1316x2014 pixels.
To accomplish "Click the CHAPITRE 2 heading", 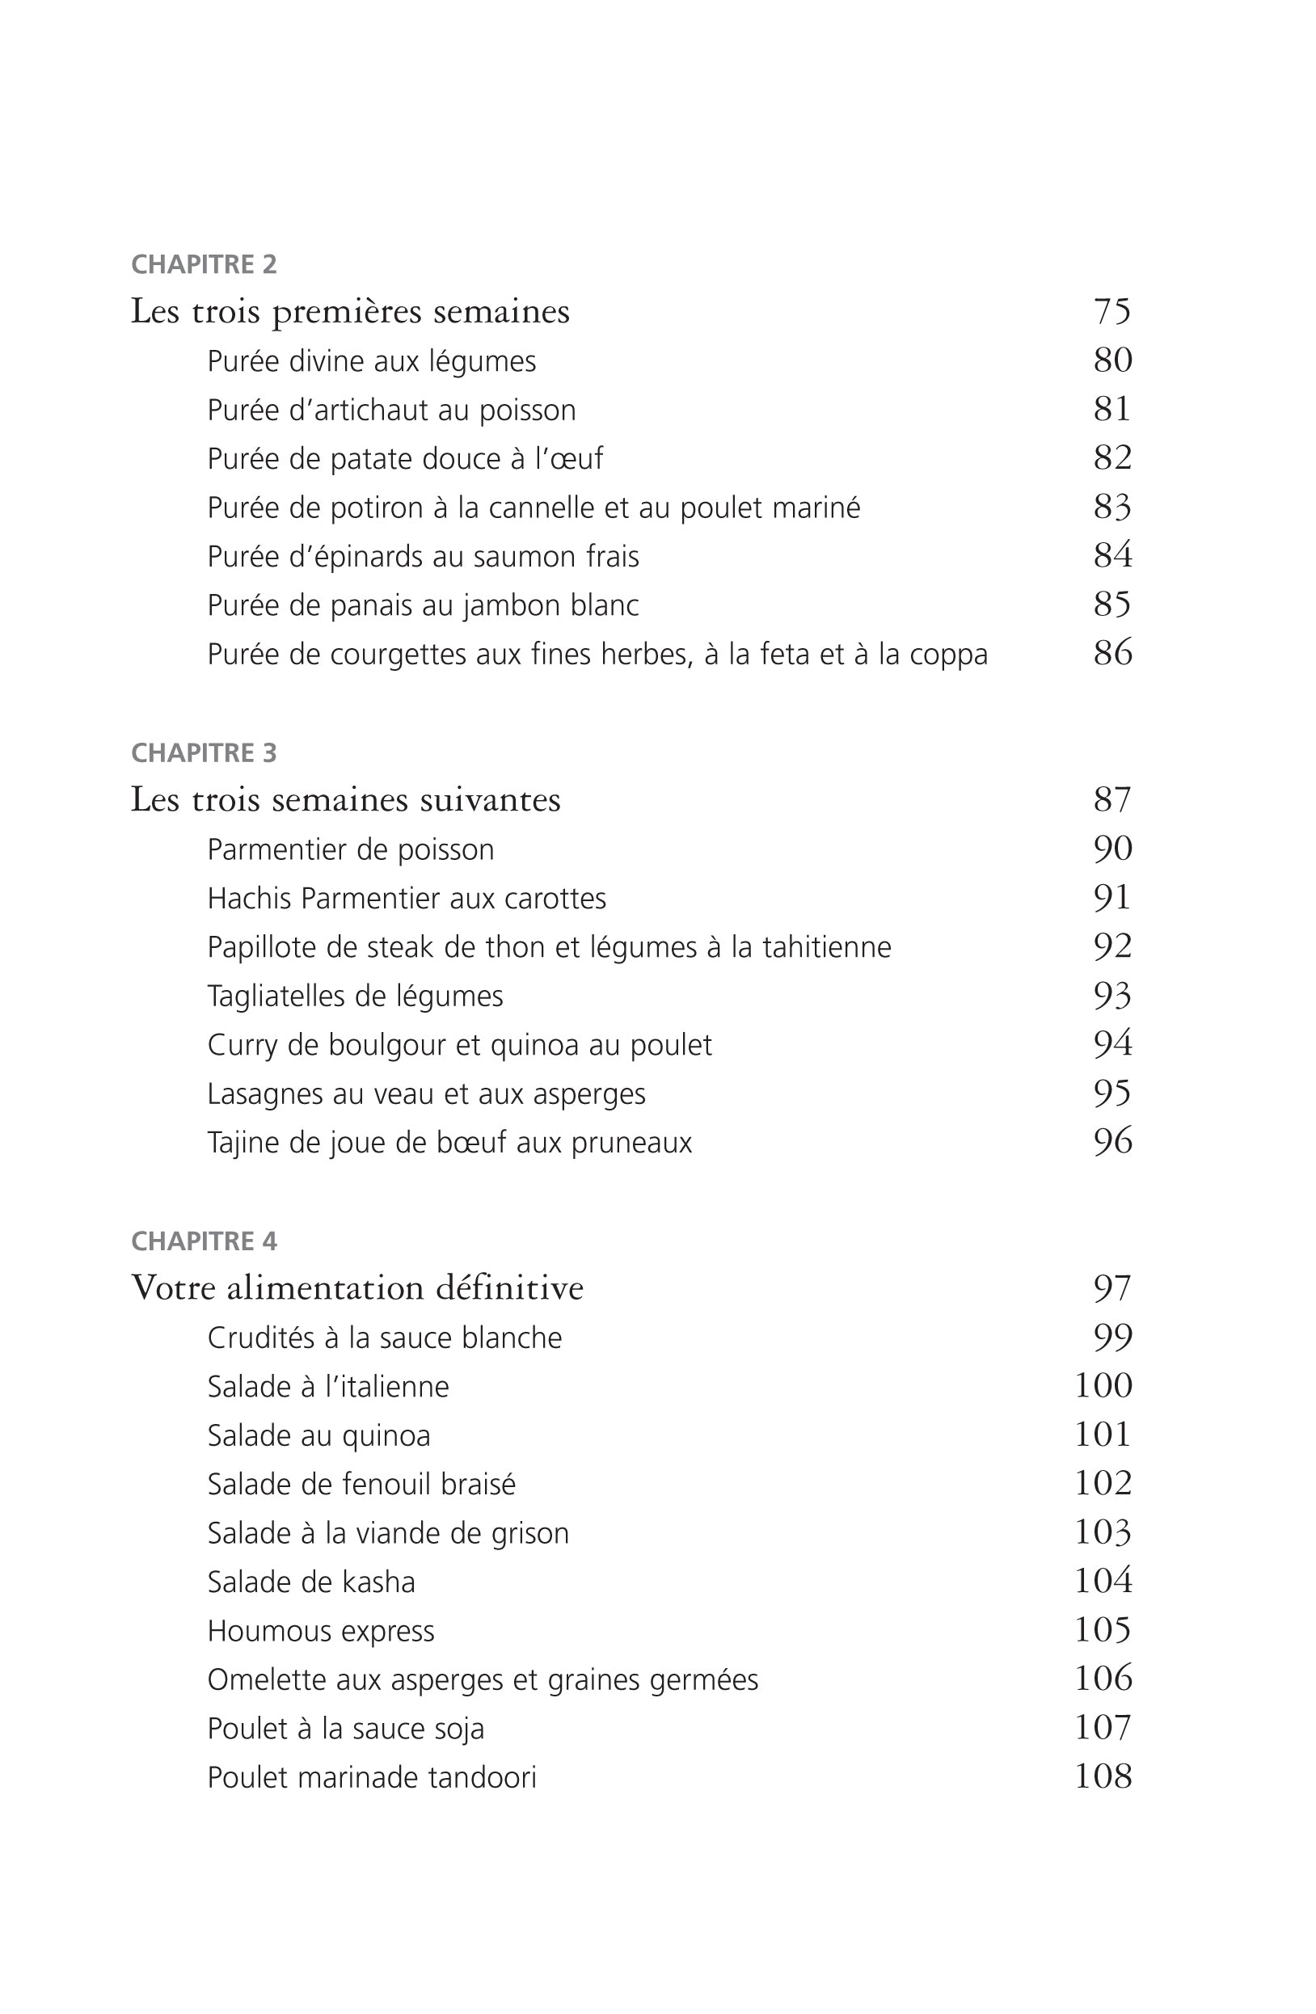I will click(204, 265).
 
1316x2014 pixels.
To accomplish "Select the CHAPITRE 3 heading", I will click(204, 753).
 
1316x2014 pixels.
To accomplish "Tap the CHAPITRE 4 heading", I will click(204, 1241).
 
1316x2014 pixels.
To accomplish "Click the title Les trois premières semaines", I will click(349, 311).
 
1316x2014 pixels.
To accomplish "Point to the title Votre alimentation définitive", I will click(357, 1288).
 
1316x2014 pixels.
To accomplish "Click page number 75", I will click(1112, 311).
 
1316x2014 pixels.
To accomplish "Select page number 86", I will click(1112, 653).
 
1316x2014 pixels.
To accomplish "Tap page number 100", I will click(1103, 1386).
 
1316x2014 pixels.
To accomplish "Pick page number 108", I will click(1103, 1777).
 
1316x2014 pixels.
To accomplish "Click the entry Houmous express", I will click(321, 1631).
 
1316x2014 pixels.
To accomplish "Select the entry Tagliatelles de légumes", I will click(356, 996).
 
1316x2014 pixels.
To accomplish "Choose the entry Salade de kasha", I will click(311, 1582).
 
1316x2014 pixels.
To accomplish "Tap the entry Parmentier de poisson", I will click(350, 849).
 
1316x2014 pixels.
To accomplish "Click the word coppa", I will click(949, 655).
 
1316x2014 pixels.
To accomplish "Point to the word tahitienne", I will click(827, 947).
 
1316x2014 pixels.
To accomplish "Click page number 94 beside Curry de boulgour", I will click(1112, 1044).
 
